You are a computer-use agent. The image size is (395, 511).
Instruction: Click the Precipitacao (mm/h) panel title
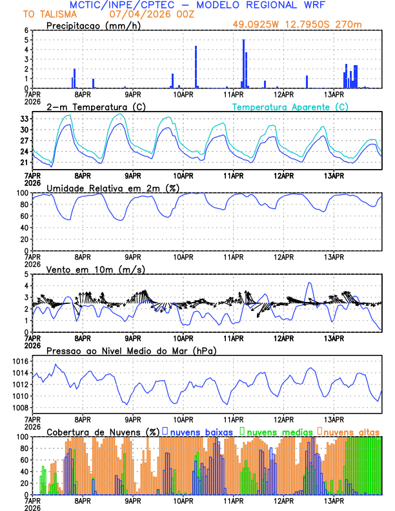coord(94,25)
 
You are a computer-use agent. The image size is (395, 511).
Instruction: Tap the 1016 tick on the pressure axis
coord(21,361)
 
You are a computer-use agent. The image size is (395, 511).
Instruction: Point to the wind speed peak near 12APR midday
coord(310,283)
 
